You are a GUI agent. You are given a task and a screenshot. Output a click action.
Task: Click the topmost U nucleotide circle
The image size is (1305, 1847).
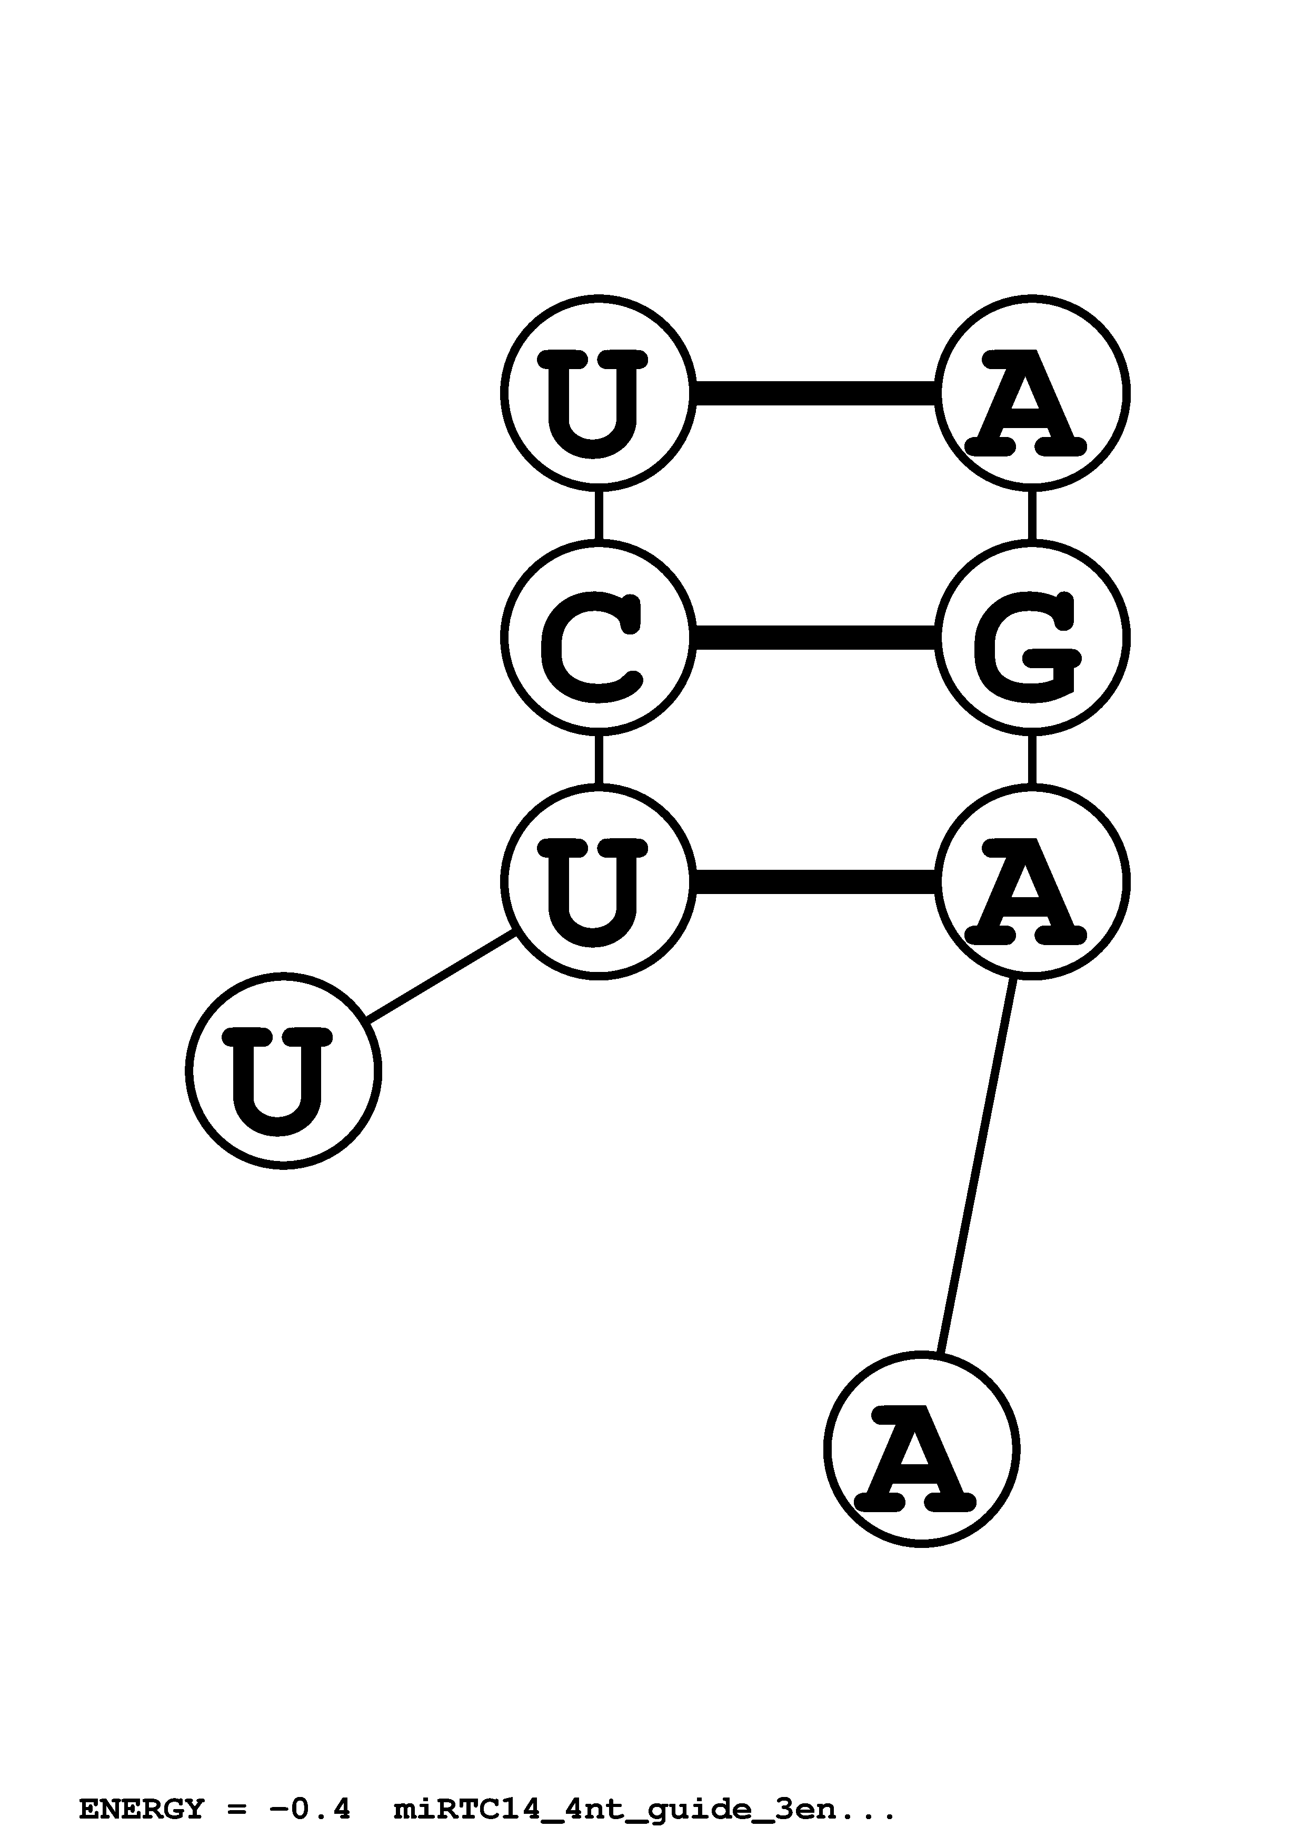[597, 393]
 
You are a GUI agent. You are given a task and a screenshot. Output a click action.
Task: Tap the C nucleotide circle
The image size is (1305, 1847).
[597, 637]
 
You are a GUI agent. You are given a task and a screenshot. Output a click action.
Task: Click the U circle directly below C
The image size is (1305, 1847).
[597, 882]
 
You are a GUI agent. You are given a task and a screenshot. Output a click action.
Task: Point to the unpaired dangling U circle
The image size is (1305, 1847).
[283, 1071]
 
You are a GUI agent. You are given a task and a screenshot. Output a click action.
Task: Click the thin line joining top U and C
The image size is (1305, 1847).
[597, 515]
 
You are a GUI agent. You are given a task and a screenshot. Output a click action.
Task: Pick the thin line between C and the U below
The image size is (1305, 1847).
[597, 759]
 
